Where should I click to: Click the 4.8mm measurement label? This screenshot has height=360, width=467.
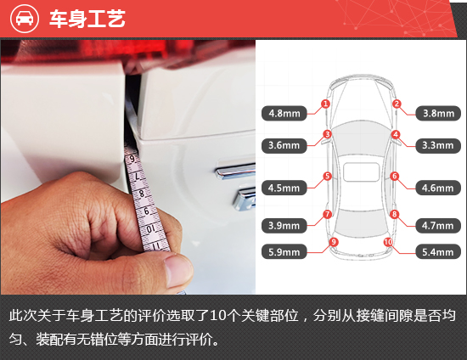tap(284, 114)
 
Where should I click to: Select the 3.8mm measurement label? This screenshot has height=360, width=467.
tap(438, 114)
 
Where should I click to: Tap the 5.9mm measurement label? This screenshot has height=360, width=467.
tap(284, 252)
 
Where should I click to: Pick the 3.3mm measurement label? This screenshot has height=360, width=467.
tap(438, 145)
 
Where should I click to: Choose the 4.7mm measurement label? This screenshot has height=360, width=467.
tap(438, 226)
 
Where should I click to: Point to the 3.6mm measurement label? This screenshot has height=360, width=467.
tap(284, 145)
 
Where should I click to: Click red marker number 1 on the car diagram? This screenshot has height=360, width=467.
tap(325, 104)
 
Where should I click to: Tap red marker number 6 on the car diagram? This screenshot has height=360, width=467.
tap(395, 176)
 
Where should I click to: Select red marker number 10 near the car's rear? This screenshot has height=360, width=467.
tap(388, 242)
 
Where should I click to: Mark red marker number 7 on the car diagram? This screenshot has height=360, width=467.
tap(327, 214)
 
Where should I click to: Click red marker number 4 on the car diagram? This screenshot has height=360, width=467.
tap(396, 135)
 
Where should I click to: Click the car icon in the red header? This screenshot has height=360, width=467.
tap(25, 19)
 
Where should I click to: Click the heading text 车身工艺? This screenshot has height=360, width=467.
tap(87, 19)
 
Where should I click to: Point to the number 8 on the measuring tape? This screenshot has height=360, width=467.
tap(142, 194)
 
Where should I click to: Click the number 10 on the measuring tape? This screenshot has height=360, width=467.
tap(151, 228)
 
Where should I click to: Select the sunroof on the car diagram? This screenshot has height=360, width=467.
tap(361, 172)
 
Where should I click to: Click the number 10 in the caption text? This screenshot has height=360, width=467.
tap(217, 316)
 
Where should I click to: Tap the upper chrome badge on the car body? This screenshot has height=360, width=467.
tap(235, 171)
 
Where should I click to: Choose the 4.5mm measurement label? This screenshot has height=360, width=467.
tap(284, 188)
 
